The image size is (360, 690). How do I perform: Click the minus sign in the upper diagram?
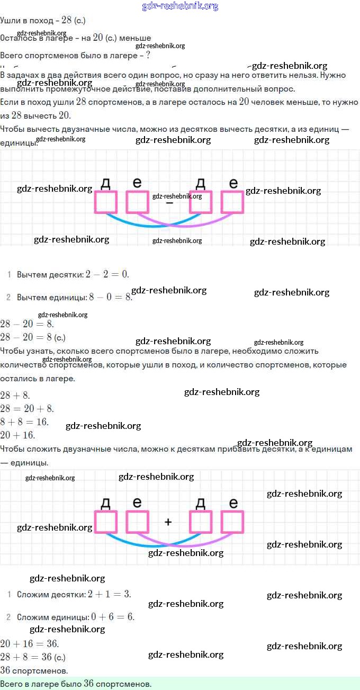click(169, 203)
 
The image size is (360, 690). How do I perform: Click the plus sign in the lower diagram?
click(168, 522)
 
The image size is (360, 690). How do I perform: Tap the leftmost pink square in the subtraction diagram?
click(106, 202)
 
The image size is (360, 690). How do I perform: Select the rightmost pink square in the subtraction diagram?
click(232, 202)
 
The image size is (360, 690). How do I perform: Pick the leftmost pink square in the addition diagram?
click(106, 522)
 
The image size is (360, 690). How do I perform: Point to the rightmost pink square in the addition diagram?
click(232, 522)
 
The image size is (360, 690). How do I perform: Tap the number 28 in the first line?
click(66, 20)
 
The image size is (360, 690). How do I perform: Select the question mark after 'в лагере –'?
click(148, 55)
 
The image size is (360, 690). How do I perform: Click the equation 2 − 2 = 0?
click(107, 274)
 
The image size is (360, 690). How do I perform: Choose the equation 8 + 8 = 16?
click(24, 422)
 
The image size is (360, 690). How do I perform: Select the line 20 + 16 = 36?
click(30, 644)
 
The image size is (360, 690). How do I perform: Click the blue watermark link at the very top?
click(180, 6)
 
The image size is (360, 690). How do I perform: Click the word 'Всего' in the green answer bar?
click(12, 684)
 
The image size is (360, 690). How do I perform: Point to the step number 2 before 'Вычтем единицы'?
click(8, 298)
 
